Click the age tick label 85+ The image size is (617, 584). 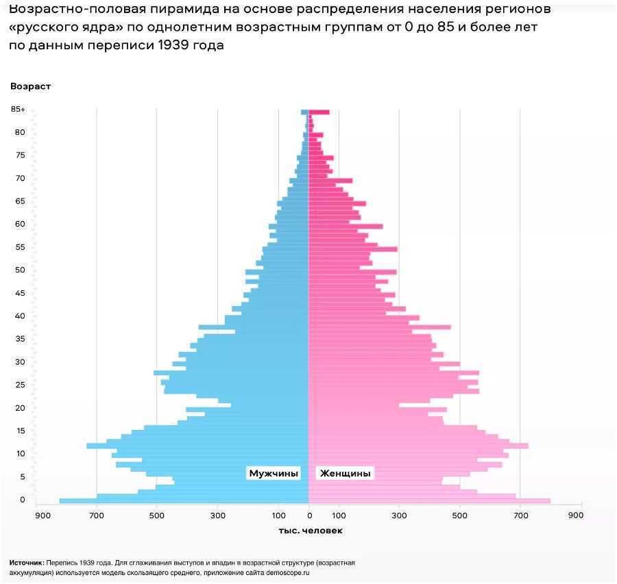click(18, 110)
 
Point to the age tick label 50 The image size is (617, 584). click(21, 270)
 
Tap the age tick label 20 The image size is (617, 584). click(21, 408)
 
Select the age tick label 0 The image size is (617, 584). click(23, 500)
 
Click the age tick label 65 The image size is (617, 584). click(21, 201)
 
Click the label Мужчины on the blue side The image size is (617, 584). click(274, 473)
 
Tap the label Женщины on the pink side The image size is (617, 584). click(346, 473)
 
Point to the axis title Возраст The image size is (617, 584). click(30, 86)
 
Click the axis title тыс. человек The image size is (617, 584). click(311, 531)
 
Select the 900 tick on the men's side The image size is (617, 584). click(43, 515)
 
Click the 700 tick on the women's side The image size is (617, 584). click(520, 515)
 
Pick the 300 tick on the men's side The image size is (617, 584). click(217, 515)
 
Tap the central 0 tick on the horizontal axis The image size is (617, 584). click(309, 515)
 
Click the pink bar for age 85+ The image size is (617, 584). click(319, 112)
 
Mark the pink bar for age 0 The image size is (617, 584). click(429, 501)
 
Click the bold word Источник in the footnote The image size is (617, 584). click(27, 563)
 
